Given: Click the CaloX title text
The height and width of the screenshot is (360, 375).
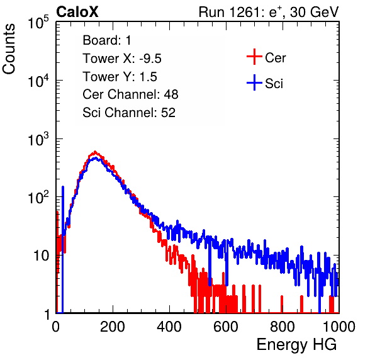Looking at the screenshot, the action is pos(77,12).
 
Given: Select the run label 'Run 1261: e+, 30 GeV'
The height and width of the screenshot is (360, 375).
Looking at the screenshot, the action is pos(269,12).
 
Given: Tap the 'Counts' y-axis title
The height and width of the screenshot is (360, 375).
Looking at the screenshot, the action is pos(9,49).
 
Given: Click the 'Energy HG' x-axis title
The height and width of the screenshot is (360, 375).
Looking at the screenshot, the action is pos(296,345).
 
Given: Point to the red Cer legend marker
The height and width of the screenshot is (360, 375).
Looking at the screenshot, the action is pos(254,57).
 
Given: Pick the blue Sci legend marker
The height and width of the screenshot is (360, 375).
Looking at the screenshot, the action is pos(254,82).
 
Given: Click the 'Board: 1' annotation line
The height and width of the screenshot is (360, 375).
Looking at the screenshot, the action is pos(107,40).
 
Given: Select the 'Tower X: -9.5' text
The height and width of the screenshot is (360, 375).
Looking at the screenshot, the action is pos(122,59).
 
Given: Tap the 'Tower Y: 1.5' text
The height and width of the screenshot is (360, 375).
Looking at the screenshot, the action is pos(120,77).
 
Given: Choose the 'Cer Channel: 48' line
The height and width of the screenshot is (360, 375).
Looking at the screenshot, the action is pos(130,94).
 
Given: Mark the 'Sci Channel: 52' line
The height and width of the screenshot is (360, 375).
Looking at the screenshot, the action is pos(129,113).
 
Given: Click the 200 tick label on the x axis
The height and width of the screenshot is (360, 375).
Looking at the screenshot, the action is pos(113,327).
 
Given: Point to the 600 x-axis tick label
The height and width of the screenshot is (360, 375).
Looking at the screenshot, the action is pos(226,327).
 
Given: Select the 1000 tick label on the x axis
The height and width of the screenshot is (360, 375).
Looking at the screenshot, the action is pos(339,327).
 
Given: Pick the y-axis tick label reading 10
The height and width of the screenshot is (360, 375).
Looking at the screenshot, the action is pos(42,256).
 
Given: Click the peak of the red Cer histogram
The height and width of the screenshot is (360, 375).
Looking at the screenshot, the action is pos(95,152).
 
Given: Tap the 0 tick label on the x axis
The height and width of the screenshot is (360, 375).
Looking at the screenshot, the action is pos(56,327).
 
